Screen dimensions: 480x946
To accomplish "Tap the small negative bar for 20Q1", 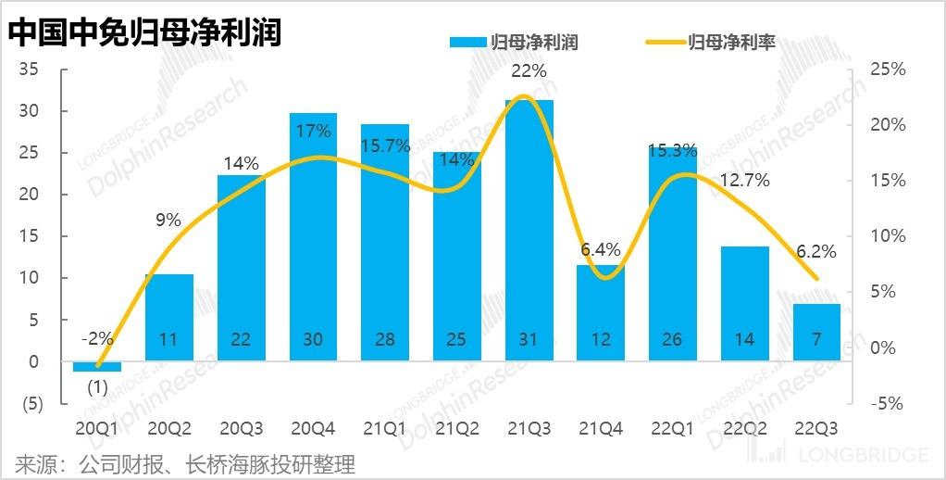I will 97,366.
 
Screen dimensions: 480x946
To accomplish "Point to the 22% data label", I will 529,70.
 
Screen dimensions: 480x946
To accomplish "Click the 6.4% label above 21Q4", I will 601,249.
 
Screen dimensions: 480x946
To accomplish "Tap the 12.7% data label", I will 744,181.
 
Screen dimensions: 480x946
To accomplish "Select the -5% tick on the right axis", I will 887,404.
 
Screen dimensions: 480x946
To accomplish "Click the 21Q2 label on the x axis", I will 456,428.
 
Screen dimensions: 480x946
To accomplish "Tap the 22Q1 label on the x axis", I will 672,428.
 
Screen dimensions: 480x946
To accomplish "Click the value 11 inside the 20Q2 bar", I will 168,340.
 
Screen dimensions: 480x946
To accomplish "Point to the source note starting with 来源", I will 185,463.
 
